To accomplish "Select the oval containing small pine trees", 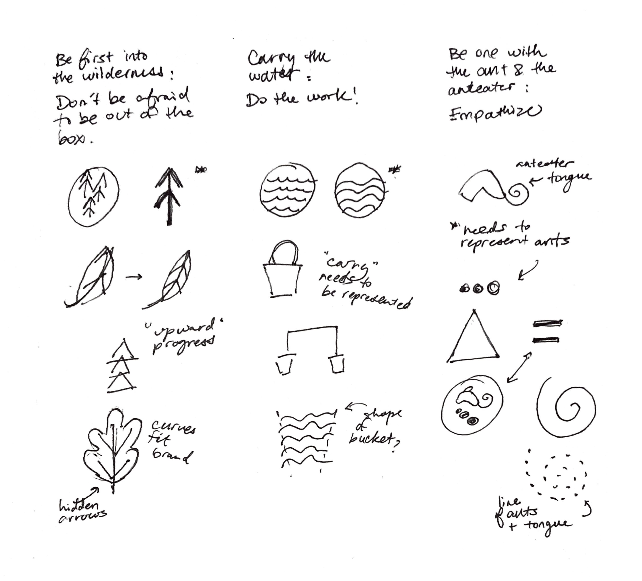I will click(x=93, y=196).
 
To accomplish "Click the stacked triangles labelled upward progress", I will click(x=122, y=367).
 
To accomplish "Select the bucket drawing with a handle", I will click(x=282, y=271).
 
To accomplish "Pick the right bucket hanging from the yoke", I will click(x=336, y=363).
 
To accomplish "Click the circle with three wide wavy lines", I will click(x=360, y=191).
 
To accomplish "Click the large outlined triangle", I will click(x=473, y=341).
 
